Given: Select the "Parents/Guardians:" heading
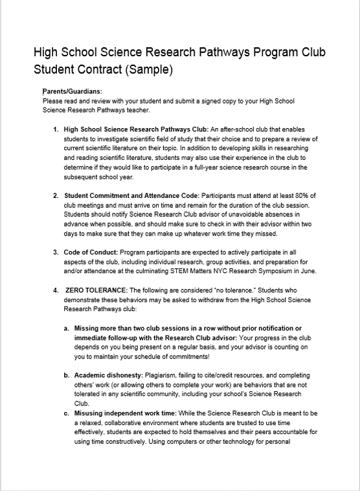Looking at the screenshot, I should point(73,92).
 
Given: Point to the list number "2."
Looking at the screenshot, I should point(57,195).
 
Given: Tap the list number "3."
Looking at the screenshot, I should point(57,252).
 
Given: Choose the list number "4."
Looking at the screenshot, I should point(57,290).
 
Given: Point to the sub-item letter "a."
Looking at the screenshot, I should point(67,328).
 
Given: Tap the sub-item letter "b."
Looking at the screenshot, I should point(67,375).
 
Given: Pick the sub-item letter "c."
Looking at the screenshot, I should point(67,413).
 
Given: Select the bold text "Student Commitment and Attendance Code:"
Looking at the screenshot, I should point(131,195).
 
